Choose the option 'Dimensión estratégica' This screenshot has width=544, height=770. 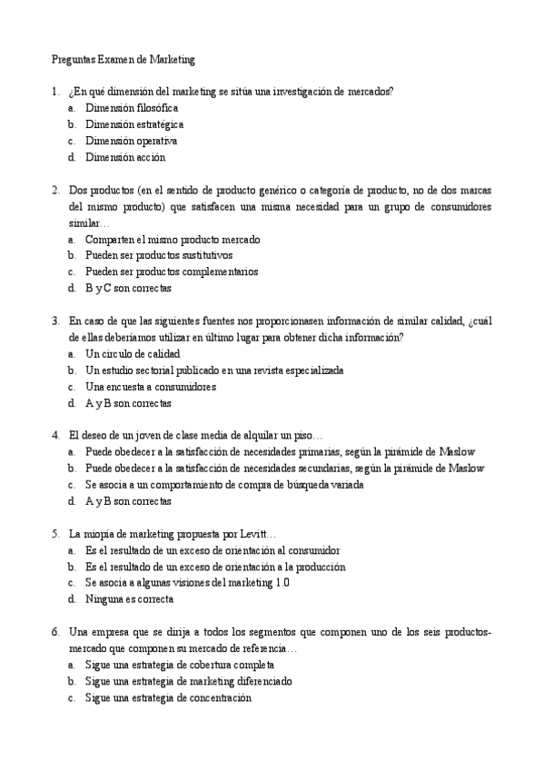134,124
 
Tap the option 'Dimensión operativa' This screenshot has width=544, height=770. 131,141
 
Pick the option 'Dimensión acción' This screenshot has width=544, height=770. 125,157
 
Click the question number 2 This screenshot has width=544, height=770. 55,191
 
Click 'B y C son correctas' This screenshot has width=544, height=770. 128,288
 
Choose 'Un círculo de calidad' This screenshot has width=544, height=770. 133,353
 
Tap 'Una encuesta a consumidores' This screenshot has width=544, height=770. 150,386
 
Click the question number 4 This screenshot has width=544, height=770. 55,435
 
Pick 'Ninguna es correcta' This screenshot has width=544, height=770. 129,598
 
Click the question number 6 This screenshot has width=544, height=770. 55,631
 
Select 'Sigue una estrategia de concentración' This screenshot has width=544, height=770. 168,697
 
